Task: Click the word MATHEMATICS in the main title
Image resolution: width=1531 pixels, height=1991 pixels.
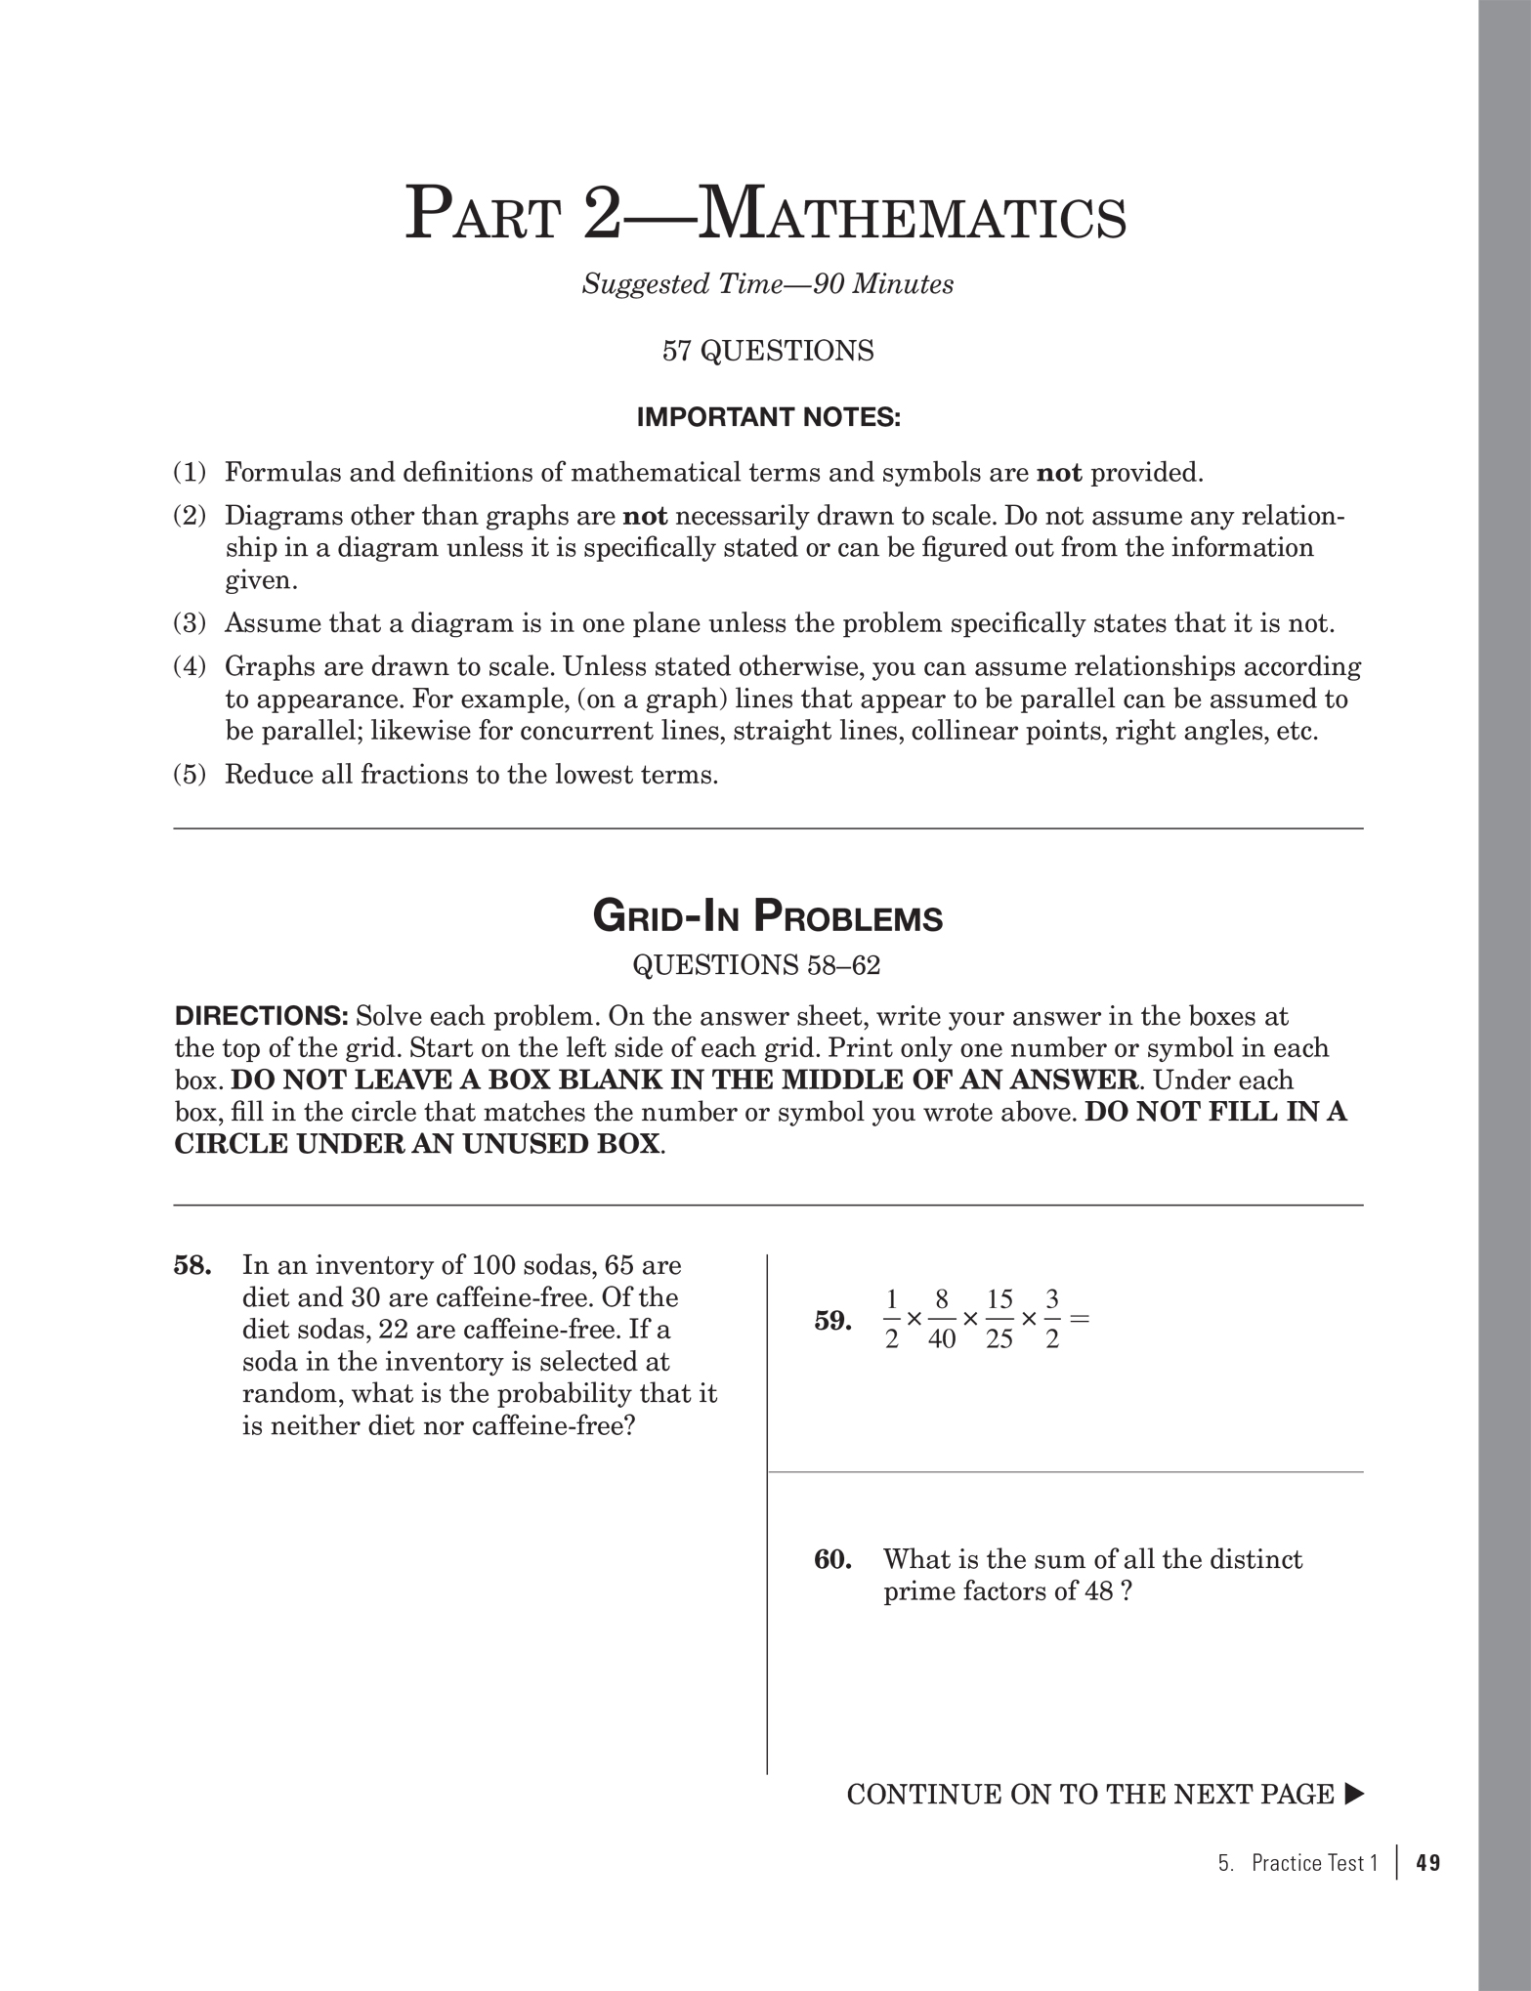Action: (x=913, y=216)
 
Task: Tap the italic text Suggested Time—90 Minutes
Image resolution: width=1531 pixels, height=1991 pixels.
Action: (x=767, y=284)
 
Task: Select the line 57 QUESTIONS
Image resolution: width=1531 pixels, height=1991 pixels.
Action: (x=767, y=351)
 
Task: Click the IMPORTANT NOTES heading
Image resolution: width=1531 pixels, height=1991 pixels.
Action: (x=768, y=418)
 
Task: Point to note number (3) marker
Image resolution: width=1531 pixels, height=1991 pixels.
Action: (x=190, y=623)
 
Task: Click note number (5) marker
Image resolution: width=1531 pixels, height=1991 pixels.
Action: (x=190, y=775)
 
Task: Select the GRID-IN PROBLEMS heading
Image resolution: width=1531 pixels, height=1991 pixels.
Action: (x=767, y=917)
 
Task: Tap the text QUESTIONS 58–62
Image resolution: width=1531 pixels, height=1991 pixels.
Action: (x=756, y=965)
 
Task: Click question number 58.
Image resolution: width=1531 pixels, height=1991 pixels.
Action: (x=192, y=1266)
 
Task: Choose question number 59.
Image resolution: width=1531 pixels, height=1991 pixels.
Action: (x=832, y=1321)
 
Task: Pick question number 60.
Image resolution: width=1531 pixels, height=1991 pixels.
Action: (x=832, y=1559)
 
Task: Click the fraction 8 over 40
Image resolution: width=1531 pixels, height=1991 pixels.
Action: (x=941, y=1319)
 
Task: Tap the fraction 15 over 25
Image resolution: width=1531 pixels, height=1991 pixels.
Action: (x=999, y=1319)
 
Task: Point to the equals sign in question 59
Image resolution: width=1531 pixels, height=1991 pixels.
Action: (x=1079, y=1318)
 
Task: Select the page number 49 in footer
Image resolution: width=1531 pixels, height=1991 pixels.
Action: (x=1427, y=1864)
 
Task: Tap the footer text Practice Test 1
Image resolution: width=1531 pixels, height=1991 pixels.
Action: (x=1313, y=1864)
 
